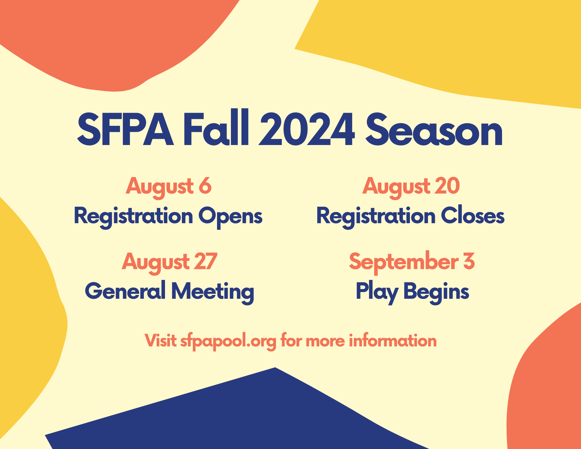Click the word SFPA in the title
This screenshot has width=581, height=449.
(125, 129)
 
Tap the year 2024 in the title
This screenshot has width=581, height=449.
(306, 129)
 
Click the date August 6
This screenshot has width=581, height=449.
(168, 187)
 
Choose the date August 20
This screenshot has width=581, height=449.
(411, 187)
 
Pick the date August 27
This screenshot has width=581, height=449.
(169, 262)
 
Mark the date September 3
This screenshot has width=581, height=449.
(412, 262)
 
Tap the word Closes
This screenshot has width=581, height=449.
(473, 215)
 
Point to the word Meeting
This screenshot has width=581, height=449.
(213, 292)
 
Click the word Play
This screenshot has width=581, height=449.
(377, 292)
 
